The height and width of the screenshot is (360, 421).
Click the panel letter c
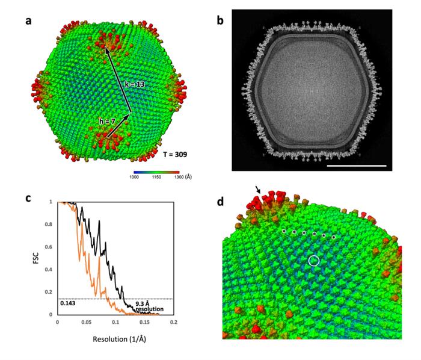(x=28, y=197)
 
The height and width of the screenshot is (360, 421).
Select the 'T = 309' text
(x=174, y=155)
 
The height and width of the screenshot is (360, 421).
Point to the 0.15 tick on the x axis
(x=144, y=322)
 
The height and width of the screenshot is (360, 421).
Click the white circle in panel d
(x=313, y=260)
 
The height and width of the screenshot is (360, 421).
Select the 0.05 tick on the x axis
(x=86, y=322)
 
